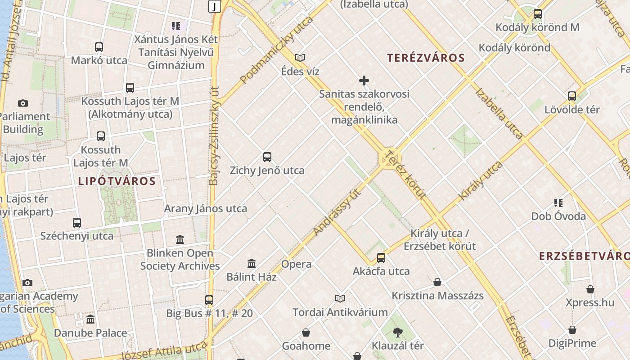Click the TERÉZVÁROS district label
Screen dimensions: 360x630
426,58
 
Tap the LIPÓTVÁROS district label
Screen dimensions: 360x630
117,182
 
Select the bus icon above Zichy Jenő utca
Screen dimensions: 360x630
267,157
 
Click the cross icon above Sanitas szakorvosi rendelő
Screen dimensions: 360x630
364,81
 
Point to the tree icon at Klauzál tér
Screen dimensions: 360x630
397,333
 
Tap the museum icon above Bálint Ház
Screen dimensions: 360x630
252,263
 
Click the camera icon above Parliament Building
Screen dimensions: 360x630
23,103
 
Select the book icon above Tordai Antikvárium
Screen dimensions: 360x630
340,298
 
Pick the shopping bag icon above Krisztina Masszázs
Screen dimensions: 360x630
437,282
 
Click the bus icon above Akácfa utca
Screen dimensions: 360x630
381,258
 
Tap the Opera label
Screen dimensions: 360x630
296,264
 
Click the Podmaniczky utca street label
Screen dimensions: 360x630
276,50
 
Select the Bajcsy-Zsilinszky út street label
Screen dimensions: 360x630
214,135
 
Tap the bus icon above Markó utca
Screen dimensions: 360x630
99,47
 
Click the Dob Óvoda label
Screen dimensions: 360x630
558,216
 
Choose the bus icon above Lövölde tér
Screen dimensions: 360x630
572,96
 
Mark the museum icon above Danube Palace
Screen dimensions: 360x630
90,319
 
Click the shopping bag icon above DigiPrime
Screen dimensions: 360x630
572,330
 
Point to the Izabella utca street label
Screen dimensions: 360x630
499,114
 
